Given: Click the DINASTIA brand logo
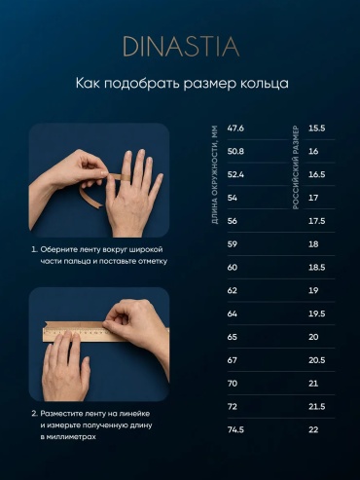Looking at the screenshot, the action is click(x=181, y=47).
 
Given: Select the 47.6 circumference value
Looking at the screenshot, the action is click(x=235, y=129).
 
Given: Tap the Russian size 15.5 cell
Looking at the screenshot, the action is click(x=316, y=129).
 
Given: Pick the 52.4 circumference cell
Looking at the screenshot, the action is click(x=235, y=174).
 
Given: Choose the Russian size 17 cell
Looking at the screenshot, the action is click(x=313, y=198).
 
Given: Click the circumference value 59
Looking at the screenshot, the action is click(x=233, y=244).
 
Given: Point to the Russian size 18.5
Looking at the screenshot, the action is click(x=316, y=268).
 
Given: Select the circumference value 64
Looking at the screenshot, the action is click(x=233, y=314).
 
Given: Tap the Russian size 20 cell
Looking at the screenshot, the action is click(x=313, y=337).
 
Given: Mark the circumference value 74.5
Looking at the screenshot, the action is click(x=235, y=429).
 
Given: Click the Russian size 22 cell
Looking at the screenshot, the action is click(x=313, y=429).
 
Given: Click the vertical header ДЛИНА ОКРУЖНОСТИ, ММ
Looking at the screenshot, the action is click(x=214, y=174).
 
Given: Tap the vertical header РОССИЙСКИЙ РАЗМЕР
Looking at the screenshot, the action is click(x=296, y=167).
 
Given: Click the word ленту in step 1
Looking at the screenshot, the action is click(x=92, y=250).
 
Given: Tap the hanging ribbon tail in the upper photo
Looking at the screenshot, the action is click(x=90, y=197).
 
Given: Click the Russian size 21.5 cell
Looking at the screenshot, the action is click(x=316, y=407).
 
